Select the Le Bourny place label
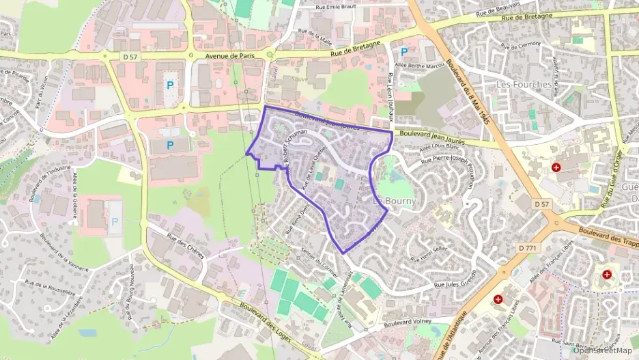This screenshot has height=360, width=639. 395,202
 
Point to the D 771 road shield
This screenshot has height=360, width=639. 527,248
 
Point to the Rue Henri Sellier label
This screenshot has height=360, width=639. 428,254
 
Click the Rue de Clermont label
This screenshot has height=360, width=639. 520,45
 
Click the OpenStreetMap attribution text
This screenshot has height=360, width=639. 603,350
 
